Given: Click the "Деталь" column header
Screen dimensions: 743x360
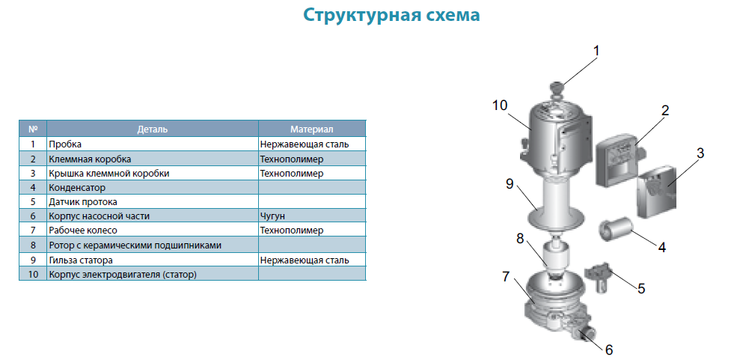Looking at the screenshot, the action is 152,129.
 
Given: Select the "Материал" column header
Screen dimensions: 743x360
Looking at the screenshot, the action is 312,129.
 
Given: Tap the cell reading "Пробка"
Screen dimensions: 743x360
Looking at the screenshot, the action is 65,144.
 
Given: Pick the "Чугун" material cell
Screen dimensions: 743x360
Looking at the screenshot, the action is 272,216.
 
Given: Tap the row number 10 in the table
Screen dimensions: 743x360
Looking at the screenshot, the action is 33,274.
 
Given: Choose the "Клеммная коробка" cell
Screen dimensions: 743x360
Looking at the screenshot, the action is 90,159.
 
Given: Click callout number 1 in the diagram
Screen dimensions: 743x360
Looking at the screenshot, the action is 596,51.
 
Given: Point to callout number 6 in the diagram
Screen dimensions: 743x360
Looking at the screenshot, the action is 609,350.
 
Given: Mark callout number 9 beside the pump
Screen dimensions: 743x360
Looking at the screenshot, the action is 510,184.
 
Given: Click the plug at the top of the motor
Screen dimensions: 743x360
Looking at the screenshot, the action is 557,88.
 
